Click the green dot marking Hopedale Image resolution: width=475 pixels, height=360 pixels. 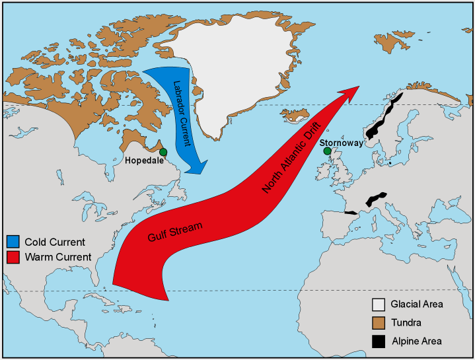point(163,153)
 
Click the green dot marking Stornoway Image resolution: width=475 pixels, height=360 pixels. point(327,151)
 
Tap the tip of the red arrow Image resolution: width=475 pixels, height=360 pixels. point(359,87)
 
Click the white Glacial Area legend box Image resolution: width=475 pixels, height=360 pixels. point(378,305)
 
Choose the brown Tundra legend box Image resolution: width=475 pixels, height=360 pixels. point(378,323)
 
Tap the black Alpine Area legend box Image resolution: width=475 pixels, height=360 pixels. point(378,342)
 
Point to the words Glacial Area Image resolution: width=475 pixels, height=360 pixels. point(416,305)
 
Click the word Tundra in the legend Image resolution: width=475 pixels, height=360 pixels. point(406,323)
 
